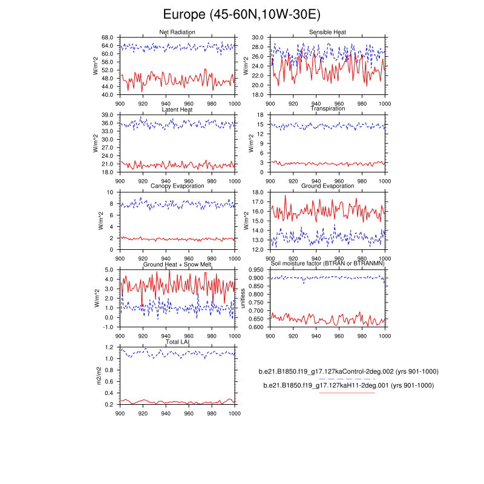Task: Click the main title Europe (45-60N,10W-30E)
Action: (242, 15)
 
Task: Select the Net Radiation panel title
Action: (177, 32)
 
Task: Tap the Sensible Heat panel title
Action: (327, 32)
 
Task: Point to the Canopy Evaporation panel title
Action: (177, 186)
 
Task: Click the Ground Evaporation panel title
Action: (327, 186)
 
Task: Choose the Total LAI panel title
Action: (177, 342)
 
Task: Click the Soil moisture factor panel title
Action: (327, 265)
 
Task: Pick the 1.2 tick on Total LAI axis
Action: (110, 347)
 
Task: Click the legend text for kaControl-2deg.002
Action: (348, 371)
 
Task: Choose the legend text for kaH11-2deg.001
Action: (348, 385)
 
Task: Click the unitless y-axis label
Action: (244, 298)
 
